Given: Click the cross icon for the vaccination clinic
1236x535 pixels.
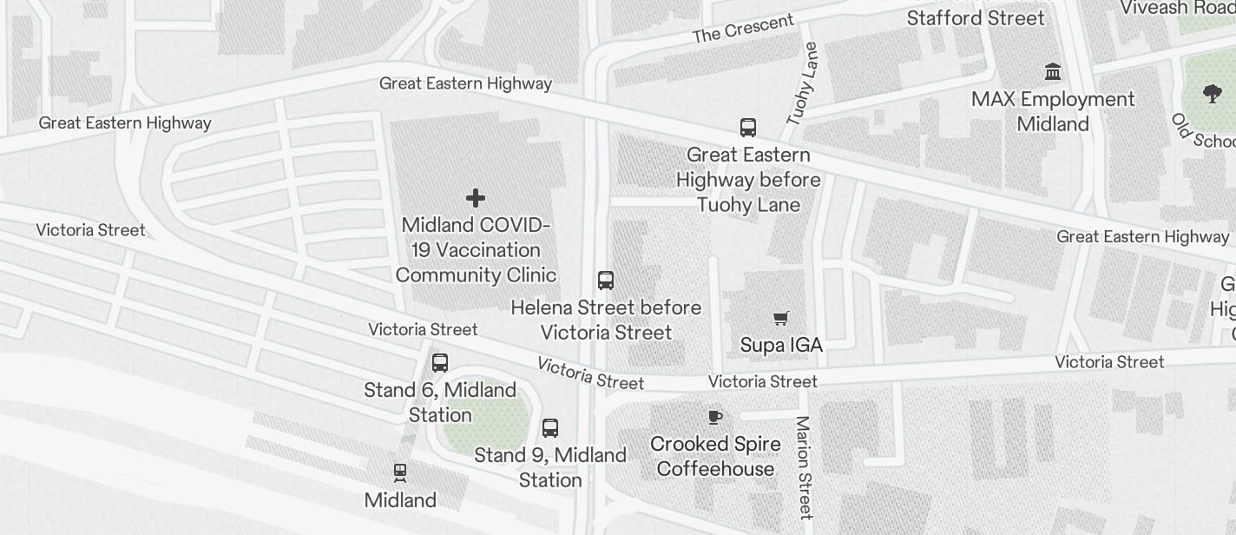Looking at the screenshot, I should pyautogui.click(x=476, y=198).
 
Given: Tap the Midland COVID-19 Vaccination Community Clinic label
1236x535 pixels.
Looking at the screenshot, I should pyautogui.click(x=476, y=250).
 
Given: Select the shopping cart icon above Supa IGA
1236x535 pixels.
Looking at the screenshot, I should pyautogui.click(x=781, y=318).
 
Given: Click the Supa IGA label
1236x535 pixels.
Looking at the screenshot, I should pyautogui.click(x=781, y=345).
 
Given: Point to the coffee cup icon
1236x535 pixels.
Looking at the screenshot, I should pyautogui.click(x=715, y=418).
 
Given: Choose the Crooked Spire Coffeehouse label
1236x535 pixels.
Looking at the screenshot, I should pyautogui.click(x=715, y=457).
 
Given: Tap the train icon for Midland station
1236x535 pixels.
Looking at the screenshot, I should pyautogui.click(x=400, y=472).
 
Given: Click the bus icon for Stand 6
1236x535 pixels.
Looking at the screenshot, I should pyautogui.click(x=440, y=363).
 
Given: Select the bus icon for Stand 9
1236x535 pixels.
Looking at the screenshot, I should pyautogui.click(x=550, y=427).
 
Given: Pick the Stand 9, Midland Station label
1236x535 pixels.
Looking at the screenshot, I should pyautogui.click(x=550, y=467).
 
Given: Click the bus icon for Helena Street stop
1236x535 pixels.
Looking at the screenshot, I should pyautogui.click(x=606, y=281).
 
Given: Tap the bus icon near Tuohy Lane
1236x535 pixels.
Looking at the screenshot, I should pyautogui.click(x=748, y=128).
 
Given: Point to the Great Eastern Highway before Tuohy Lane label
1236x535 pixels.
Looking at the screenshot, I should pyautogui.click(x=748, y=180).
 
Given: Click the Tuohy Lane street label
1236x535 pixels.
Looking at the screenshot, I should pyautogui.click(x=802, y=84).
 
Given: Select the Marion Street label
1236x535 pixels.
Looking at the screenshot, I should pyautogui.click(x=803, y=466).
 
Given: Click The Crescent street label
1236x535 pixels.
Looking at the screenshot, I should pyautogui.click(x=743, y=29).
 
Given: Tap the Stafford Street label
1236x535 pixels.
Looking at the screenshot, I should pyautogui.click(x=976, y=18).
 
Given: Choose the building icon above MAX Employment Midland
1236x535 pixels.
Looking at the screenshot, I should pyautogui.click(x=1053, y=71).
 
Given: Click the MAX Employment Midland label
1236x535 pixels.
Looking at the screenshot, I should pyautogui.click(x=1053, y=111).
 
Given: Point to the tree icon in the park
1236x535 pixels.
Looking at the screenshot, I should pyautogui.click(x=1213, y=94).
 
